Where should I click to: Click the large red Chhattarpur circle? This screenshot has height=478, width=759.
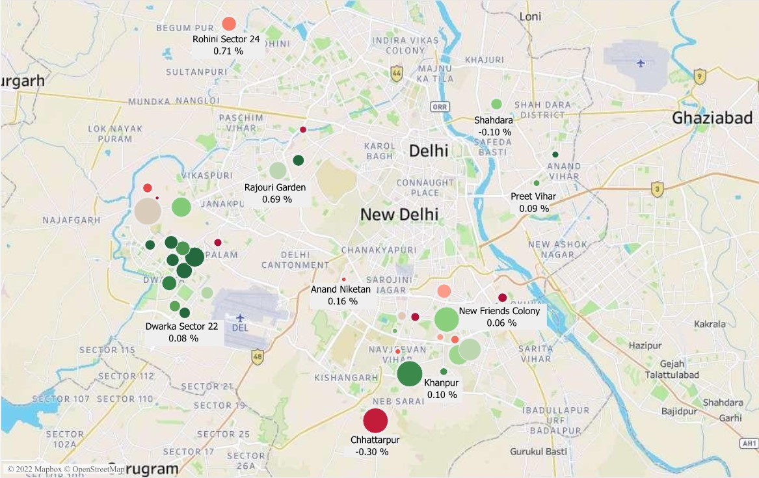coord(375,421)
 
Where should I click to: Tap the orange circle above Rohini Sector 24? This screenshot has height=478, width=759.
coord(228,24)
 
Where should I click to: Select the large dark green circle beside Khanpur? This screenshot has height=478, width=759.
coord(410,374)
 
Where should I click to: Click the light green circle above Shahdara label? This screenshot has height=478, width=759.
coord(496,103)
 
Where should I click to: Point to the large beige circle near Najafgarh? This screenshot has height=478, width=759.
coord(148,211)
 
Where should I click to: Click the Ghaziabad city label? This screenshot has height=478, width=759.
coord(712,118)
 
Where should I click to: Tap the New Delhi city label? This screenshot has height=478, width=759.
coord(399,214)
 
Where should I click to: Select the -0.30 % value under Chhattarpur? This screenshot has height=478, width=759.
coord(372,451)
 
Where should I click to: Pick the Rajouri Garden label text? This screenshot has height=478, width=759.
coord(275,187)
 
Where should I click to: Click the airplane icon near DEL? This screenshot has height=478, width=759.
coord(240,317)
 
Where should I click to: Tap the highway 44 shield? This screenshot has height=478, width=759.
coord(396,73)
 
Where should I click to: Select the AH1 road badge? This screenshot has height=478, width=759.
coord(749,443)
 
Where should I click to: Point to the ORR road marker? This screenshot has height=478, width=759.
coord(440,107)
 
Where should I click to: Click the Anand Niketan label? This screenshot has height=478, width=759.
coord(341,289)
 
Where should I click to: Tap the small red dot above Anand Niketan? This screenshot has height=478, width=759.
coord(344,279)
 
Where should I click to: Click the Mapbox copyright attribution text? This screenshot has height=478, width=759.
coord(66,469)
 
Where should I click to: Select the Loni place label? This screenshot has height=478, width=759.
coord(530,16)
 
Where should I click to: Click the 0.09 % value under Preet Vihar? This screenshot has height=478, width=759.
coord(534,209)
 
